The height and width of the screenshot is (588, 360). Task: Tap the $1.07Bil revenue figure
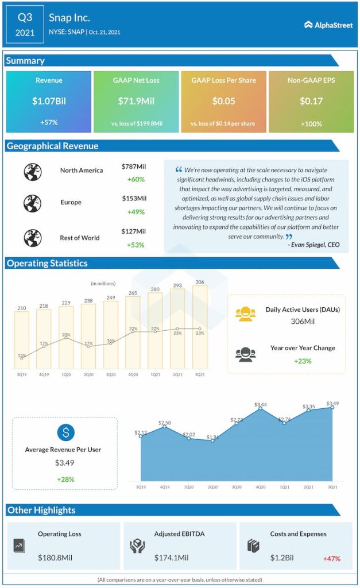[49, 102]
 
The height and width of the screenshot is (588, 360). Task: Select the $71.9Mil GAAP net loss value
[136, 102]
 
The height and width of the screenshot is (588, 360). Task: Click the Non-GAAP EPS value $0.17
[311, 102]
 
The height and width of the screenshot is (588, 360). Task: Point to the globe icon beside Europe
[32, 203]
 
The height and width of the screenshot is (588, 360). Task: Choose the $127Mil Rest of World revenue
[134, 231]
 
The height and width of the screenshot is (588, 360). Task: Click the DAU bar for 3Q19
[22, 339]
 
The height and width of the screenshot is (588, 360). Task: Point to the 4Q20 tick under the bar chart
[133, 374]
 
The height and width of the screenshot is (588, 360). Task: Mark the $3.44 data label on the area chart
[261, 405]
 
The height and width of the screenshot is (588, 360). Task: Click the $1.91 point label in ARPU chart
[212, 437]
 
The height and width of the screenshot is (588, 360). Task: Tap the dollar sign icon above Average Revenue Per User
[65, 432]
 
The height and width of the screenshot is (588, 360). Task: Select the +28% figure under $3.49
[65, 479]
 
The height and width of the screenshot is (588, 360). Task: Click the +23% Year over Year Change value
[302, 361]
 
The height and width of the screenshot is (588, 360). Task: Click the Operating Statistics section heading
[47, 264]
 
